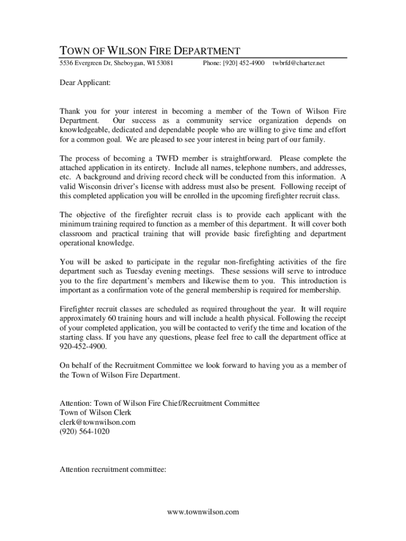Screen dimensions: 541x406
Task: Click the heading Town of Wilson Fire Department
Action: [150, 51]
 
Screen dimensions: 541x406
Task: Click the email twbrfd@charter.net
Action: [298, 63]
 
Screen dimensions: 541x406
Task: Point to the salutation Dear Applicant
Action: [85, 83]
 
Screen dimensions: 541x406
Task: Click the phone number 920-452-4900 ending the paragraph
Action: [83, 347]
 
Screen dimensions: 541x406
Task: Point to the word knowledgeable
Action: [86, 130]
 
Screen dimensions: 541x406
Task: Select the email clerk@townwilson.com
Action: [98, 422]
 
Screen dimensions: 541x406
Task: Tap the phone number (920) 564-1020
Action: [85, 432]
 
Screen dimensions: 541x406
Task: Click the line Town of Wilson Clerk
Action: [95, 413]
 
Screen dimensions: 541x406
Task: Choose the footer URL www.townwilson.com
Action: [203, 512]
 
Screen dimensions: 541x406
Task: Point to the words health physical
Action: [260, 319]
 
